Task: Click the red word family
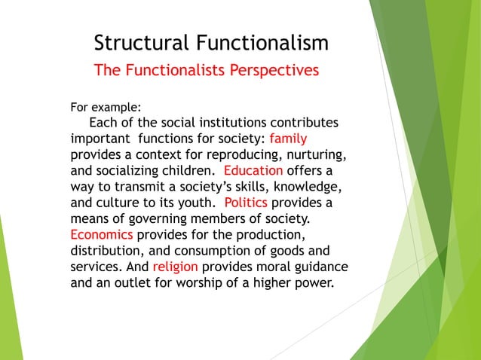pyautogui.click(x=288, y=139)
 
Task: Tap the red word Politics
pyautogui.click(x=246, y=202)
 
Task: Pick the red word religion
pyautogui.click(x=175, y=266)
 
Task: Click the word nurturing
pyautogui.click(x=313, y=154)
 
